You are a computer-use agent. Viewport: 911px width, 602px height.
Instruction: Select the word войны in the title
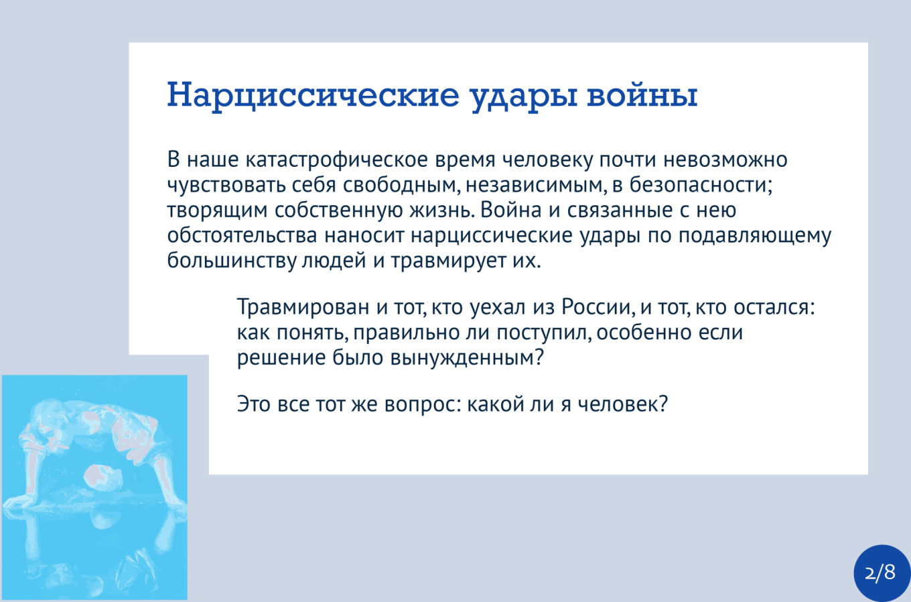pos(642,94)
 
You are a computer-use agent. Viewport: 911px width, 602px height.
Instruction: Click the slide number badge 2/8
pos(880,573)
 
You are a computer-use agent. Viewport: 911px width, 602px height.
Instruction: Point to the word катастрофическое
pos(337,160)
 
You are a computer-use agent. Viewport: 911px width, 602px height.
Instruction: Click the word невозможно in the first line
pos(725,160)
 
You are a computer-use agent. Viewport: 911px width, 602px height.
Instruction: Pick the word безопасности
pos(701,185)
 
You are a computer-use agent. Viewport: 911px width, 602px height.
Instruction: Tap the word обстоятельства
pos(242,236)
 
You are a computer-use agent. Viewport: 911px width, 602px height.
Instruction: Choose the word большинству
pos(232,261)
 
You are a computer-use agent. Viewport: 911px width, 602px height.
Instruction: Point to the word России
pos(598,307)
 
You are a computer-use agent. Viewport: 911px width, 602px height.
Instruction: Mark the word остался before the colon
pos(772,307)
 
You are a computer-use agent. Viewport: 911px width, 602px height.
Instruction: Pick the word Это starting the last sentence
pos(253,405)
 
